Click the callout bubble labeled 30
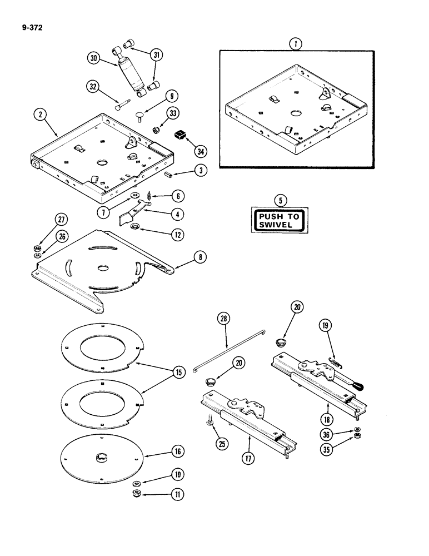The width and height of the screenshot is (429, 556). click(94, 58)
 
